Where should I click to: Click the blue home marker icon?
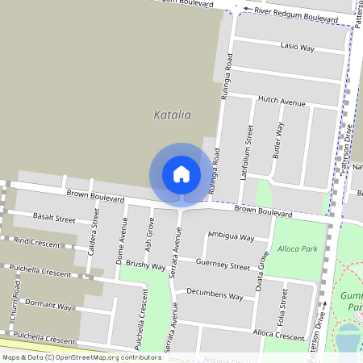coord(181,174)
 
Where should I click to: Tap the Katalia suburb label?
coord(173,115)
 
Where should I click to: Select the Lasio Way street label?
coord(297,48)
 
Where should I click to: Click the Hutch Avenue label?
coord(282,102)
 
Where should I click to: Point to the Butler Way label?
coord(278,140)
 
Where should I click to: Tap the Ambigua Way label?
coord(231,236)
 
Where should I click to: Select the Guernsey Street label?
coord(228,265)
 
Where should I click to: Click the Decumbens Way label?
coord(215,295)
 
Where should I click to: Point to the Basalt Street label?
coord(54,219)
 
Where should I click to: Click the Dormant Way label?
coord(48,306)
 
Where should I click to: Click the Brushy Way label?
coord(146,265)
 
